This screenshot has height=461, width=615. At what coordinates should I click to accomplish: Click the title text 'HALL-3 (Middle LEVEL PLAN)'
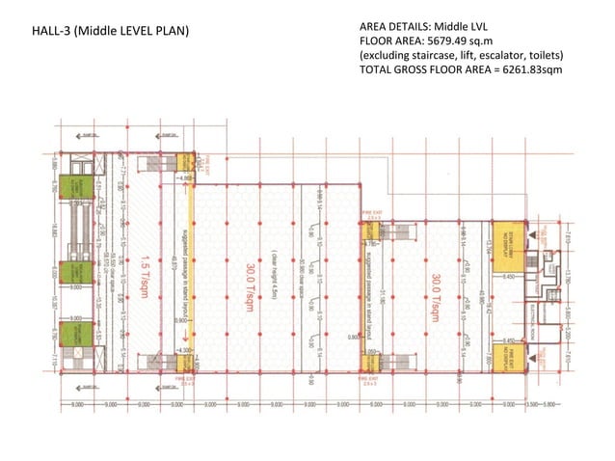point(111,32)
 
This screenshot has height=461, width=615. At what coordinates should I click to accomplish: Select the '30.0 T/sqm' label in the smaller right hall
point(436,289)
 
